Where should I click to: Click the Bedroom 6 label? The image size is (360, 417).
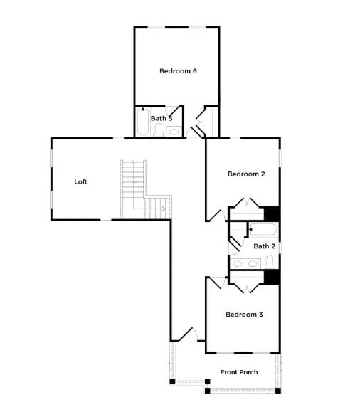click(x=178, y=70)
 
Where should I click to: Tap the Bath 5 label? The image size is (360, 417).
click(x=162, y=118)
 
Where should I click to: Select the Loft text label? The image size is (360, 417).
click(x=81, y=181)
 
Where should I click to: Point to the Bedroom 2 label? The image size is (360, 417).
click(x=246, y=174)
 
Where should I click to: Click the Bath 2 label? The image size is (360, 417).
click(x=264, y=246)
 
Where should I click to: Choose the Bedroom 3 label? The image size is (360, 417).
click(x=245, y=314)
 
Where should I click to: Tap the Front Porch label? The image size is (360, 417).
click(x=239, y=372)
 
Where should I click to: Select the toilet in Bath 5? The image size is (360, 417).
click(x=157, y=130)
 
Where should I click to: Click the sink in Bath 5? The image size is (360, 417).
click(x=173, y=131)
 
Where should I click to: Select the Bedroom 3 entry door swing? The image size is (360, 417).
click(x=216, y=283)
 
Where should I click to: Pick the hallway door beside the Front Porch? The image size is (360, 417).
click(x=184, y=334)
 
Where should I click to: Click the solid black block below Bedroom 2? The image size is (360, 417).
click(x=272, y=213)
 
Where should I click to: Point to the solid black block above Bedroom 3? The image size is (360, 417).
click(x=272, y=278)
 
